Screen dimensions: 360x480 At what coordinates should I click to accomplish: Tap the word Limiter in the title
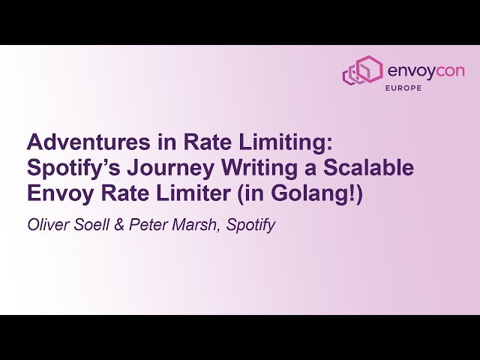click(179, 193)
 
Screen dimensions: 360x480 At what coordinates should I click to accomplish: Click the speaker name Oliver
click(47, 224)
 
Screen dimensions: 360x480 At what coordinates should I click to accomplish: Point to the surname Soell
click(93, 224)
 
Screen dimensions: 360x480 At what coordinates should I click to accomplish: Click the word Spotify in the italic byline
click(250, 224)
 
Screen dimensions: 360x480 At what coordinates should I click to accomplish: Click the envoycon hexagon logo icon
click(362, 70)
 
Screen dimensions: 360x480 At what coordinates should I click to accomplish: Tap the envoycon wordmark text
click(425, 70)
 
